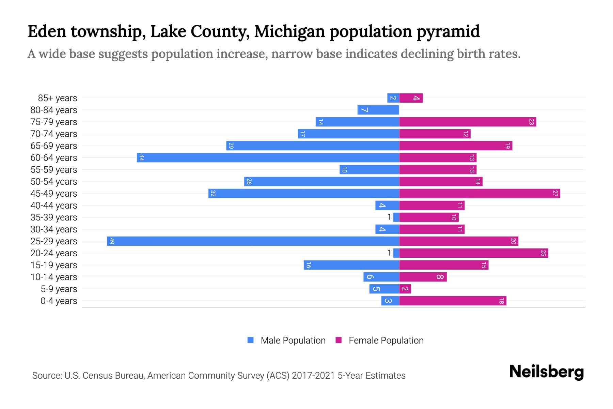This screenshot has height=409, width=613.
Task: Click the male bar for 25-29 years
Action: coord(253,241)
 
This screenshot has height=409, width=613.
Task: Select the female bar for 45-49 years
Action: coord(480,194)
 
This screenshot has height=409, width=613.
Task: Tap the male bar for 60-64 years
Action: coord(268,158)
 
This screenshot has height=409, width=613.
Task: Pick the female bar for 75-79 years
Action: coord(468,122)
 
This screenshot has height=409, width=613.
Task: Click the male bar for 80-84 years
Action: coord(378,110)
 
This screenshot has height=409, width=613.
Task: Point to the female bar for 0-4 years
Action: coord(453,301)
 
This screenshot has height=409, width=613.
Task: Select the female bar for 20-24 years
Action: coord(473,253)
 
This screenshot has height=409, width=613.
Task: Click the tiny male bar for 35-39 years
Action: coord(396,217)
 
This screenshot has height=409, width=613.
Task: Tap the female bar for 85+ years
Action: coord(411,98)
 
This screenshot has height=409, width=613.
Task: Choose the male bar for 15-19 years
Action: coord(351,265)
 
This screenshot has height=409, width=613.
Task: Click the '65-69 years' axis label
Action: coord(54,146)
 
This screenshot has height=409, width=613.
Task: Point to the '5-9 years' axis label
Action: coord(59,289)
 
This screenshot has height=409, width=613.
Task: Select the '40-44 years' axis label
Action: coord(54,206)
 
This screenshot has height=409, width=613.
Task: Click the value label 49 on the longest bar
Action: coord(112,241)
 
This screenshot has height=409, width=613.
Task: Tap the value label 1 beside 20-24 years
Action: coord(389,253)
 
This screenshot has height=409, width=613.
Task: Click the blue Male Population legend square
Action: coord(251,340)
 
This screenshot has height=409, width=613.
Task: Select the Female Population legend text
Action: coord(386,340)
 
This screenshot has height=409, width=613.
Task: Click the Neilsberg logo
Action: coord(546,372)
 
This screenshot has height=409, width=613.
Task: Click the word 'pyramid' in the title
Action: coord(448,31)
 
